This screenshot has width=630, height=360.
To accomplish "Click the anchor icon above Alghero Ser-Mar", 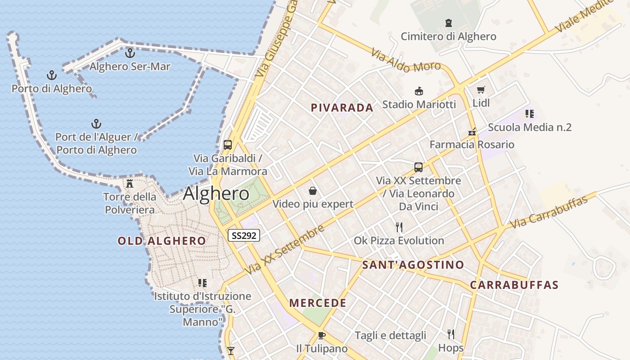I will point(130,53).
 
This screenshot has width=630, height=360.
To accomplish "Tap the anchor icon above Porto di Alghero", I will point(52,75).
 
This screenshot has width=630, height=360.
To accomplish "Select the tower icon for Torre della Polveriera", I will point(130,183).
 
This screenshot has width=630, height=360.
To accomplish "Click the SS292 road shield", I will point(244,235).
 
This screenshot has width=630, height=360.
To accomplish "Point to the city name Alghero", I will point(216,193).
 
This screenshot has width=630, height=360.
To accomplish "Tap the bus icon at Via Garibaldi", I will point(228,145).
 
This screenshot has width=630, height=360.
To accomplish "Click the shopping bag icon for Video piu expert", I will point(313,191).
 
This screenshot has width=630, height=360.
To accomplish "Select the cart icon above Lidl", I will point(481,90).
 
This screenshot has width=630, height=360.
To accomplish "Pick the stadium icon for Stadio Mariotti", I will point(419,91).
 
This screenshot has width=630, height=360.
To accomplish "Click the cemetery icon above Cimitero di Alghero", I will point(448,23).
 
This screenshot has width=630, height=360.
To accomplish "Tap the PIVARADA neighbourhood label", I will point(342,108).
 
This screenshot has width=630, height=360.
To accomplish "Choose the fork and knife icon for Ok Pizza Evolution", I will point(399,227).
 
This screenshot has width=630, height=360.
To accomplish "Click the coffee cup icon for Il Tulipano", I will point(321,335).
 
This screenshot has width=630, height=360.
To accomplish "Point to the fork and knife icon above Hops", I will point(450,334).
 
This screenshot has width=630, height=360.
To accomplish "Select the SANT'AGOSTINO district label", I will point(413,265).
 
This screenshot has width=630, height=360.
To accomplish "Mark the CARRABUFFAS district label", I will point(514,285).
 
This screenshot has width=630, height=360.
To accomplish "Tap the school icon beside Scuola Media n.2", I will point(530,114).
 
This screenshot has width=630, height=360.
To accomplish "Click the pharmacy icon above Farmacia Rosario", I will point(472,132).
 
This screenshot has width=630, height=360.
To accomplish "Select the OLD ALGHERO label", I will point(162,241).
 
